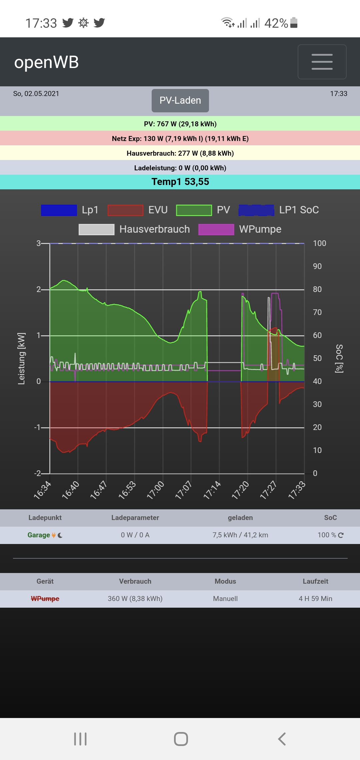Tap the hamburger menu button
click(x=322, y=62)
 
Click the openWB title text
click(x=46, y=62)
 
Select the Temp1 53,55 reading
click(x=180, y=182)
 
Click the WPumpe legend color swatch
click(x=216, y=230)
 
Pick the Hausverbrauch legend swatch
click(x=96, y=230)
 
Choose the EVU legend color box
click(x=125, y=210)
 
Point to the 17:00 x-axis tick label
click(x=156, y=490)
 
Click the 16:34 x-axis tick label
click(x=43, y=490)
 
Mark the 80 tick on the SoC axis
click(x=317, y=289)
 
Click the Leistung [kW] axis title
click(x=21, y=358)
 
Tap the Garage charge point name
click(x=39, y=535)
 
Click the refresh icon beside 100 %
click(x=341, y=535)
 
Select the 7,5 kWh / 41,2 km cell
click(x=240, y=535)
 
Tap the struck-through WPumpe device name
click(x=45, y=599)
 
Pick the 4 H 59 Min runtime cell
click(x=315, y=599)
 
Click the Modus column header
click(x=225, y=581)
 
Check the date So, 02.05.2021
click(x=36, y=94)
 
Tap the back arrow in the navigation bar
click(x=282, y=739)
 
